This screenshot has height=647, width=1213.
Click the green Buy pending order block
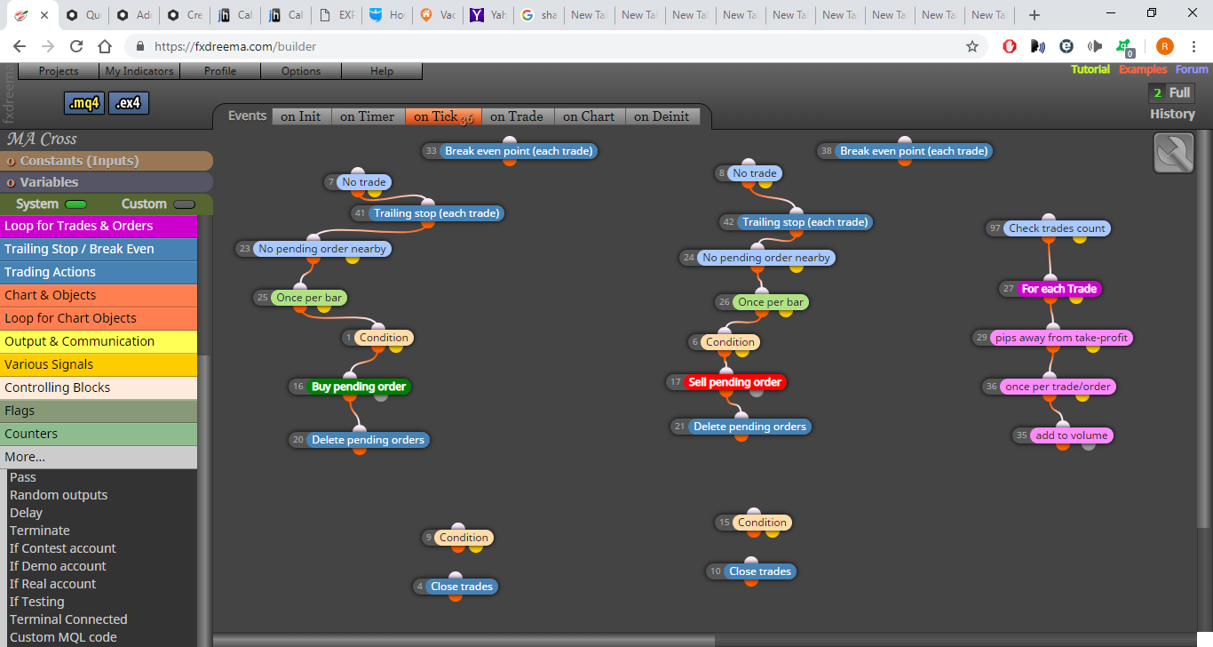point(359,387)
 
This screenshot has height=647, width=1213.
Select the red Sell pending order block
point(734,382)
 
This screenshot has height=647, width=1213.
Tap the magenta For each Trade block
point(1058,289)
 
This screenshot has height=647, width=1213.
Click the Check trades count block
point(1057,228)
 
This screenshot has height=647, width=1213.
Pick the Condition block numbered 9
point(464,538)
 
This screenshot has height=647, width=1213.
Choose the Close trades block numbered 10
point(760,571)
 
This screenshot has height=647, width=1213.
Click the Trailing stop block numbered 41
point(437,213)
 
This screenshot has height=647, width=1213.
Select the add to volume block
point(1072,435)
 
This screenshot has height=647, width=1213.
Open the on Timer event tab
point(367,116)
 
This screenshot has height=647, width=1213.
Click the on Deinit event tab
point(662,116)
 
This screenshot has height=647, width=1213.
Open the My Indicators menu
point(139,71)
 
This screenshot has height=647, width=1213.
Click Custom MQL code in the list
point(63,637)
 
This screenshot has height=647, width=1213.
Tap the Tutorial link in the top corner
point(1090,69)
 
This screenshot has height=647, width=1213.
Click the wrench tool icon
point(1173,154)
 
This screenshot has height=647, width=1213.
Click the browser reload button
point(76,46)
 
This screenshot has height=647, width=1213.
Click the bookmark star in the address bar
point(972,46)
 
